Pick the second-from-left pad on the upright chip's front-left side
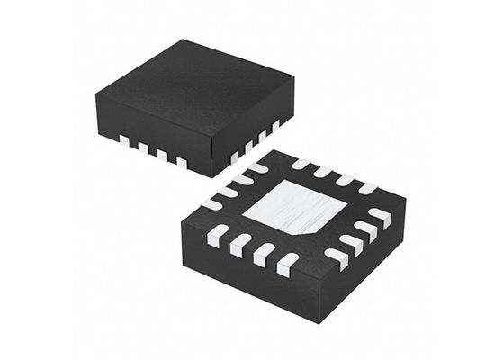pos(143,146)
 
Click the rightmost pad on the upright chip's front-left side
pos(182,163)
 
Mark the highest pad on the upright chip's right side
pos(275,124)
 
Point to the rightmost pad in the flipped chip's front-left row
pos(287,263)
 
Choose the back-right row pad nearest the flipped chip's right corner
pos(366,188)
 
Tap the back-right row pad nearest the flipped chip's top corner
pos(301,163)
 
